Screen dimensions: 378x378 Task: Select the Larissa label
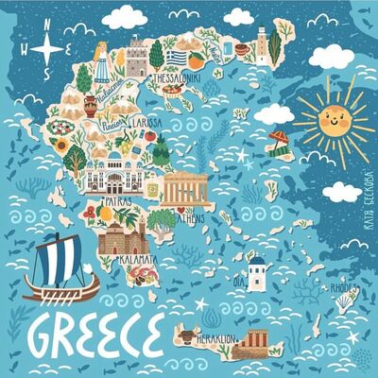click(x=146, y=123)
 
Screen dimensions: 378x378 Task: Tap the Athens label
click(x=188, y=216)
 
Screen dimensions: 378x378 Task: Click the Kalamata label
click(x=139, y=257)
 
